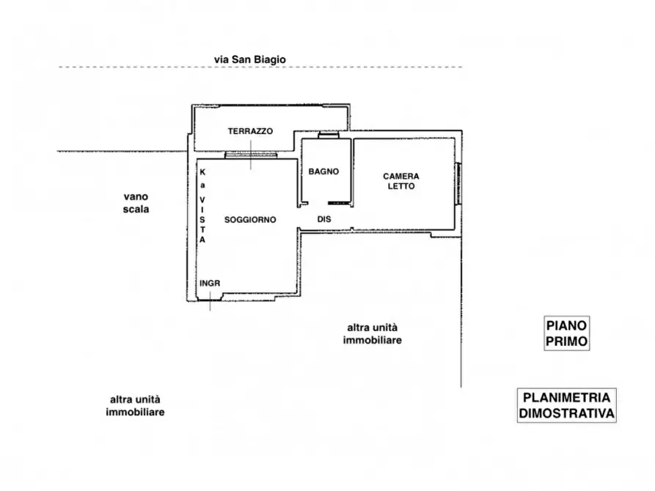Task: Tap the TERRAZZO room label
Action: [x=250, y=131]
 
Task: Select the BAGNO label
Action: [x=323, y=171]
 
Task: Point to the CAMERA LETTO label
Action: [x=401, y=181]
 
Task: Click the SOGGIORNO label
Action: [x=250, y=219]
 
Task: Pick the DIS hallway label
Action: [x=324, y=219]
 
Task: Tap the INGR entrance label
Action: [x=210, y=284]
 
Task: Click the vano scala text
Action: [x=136, y=202]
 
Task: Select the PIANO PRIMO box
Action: [x=568, y=333]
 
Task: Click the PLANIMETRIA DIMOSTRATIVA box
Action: [x=566, y=405]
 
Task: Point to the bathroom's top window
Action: [x=328, y=136]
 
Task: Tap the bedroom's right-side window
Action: [x=460, y=182]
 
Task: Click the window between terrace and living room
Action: [x=250, y=155]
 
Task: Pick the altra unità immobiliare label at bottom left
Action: [x=136, y=406]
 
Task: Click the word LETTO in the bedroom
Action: [x=401, y=187]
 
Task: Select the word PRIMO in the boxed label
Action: [x=568, y=341]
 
